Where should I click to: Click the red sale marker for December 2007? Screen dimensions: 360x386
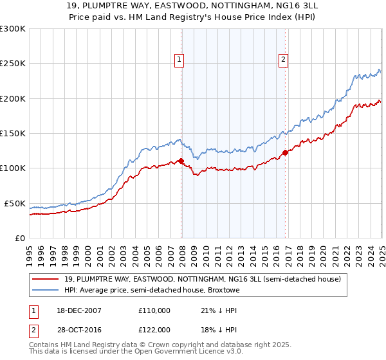click(x=181, y=161)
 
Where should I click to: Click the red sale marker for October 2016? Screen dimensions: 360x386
click(x=285, y=153)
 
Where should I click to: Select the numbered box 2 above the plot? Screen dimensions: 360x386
click(x=283, y=60)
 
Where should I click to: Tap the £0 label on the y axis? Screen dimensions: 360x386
click(x=20, y=238)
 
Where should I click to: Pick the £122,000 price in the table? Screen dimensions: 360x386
click(x=154, y=330)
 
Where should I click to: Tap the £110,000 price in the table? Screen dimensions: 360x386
click(x=154, y=310)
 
